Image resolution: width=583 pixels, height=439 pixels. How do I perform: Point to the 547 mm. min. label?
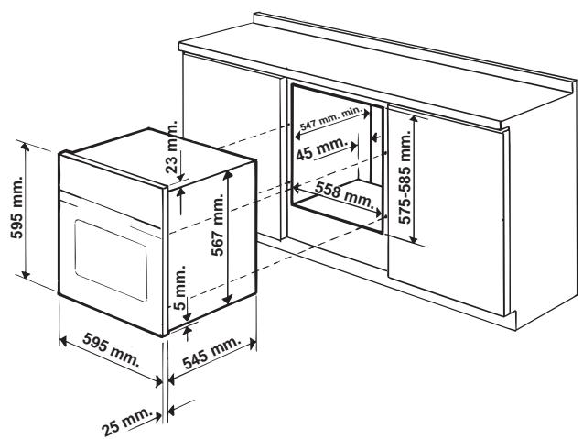click(x=331, y=119)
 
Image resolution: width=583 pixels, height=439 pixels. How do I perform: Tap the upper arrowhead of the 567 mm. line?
click(x=228, y=174)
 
